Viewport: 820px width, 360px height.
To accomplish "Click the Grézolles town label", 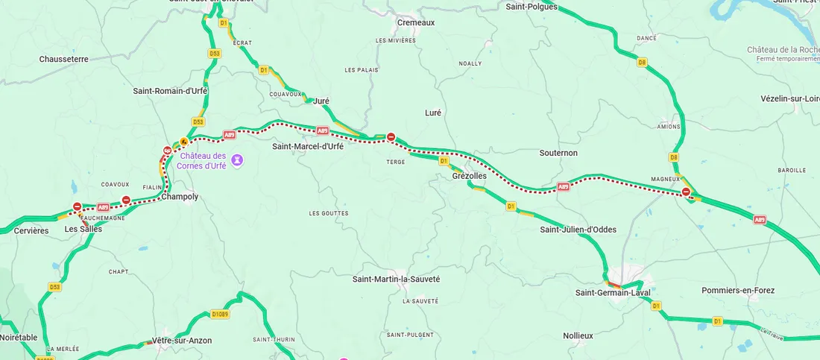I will point(469,176).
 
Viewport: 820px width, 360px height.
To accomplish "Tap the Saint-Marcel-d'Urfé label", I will point(308,147).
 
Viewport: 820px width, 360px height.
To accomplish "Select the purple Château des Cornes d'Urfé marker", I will point(237,159).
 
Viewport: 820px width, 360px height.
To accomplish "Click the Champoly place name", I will point(180,197).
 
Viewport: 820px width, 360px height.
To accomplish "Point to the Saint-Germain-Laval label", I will point(613,293).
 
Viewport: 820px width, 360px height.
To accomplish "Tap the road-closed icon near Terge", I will point(391,136).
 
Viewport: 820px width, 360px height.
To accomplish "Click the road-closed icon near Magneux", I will point(686,192).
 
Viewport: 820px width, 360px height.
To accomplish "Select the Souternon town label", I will point(558,153).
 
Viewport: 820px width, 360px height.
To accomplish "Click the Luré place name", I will point(433,113).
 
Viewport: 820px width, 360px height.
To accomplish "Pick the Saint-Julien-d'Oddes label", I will point(578,230).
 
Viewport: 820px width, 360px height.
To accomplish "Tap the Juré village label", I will point(321,101).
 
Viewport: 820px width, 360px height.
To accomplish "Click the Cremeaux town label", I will point(416,22).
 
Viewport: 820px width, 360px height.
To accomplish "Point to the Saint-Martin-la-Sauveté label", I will point(396,279).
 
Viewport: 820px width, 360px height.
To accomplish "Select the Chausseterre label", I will point(64,59).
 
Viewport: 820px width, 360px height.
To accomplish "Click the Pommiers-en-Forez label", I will point(738,290).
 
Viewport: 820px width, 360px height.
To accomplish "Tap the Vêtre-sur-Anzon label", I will point(182,341).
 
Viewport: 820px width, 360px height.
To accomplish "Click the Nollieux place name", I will point(578,336).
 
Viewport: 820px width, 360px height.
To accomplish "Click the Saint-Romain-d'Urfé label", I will point(170,91).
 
